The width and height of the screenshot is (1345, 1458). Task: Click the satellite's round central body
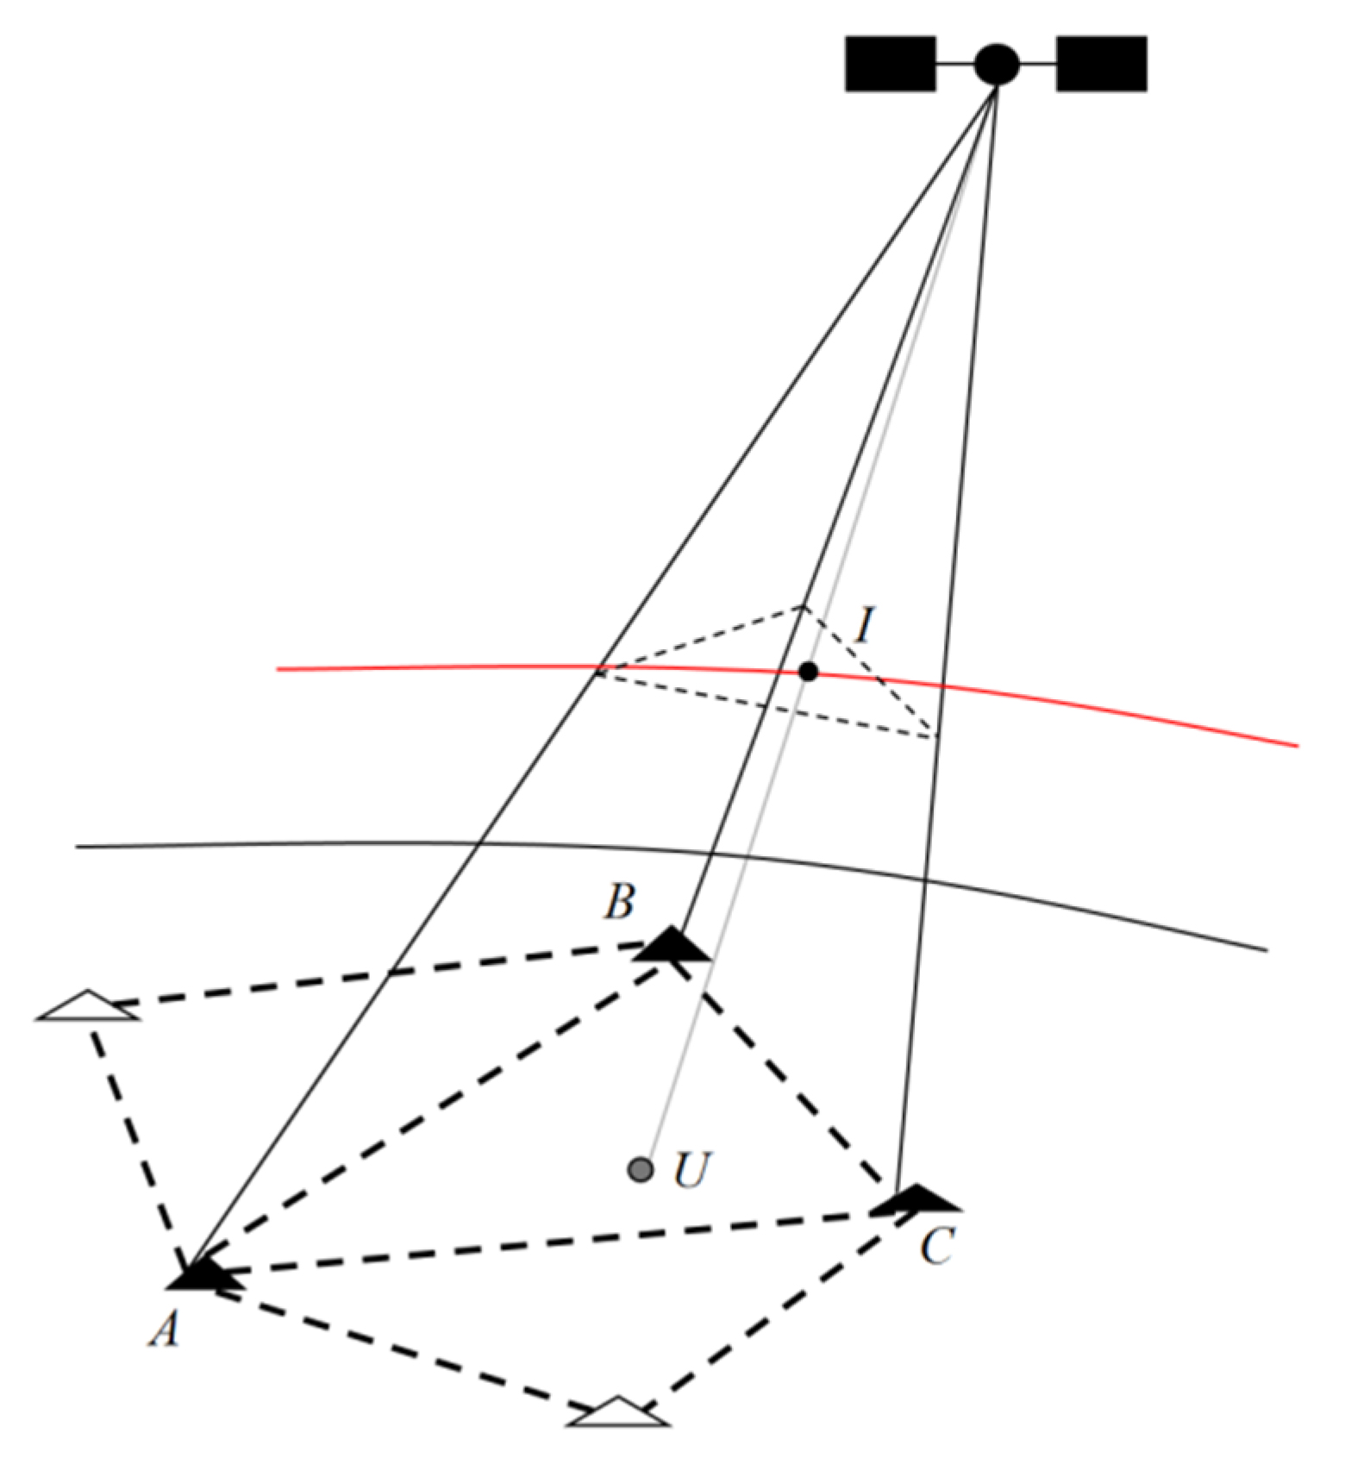pos(997,64)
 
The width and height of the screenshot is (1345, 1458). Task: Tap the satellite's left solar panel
pos(890,64)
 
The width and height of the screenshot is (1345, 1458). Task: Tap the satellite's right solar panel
pos(1101,64)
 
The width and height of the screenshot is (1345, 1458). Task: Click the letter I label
pos(864,624)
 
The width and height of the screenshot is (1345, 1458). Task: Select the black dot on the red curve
pos(808,671)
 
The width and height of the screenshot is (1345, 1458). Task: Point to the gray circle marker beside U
pos(640,1170)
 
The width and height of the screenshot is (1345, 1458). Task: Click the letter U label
pos(691,1171)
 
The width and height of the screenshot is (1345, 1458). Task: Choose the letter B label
pos(619,902)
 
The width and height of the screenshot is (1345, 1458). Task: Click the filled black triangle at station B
pos(672,947)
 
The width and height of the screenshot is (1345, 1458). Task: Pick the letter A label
pos(165,1329)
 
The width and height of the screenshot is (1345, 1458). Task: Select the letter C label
pos(937,1246)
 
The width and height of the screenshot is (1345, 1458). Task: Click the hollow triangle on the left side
pos(87,1007)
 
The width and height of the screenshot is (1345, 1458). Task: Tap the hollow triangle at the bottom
pos(617,1412)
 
